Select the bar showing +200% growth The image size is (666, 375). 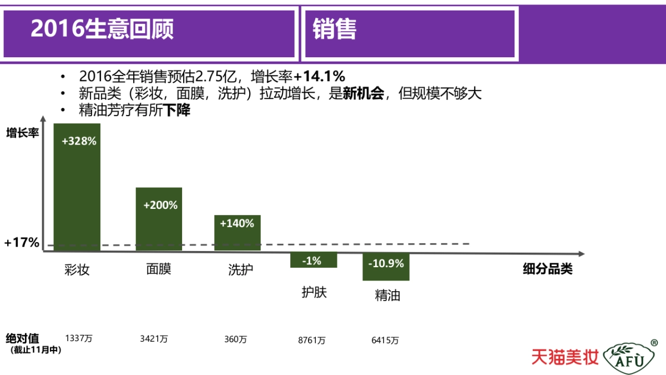pyautogui.click(x=159, y=219)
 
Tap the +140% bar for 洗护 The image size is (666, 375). pyautogui.click(x=237, y=233)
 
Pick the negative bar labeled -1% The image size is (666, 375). pyautogui.click(x=314, y=260)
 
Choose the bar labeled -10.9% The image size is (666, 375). pyautogui.click(x=386, y=267)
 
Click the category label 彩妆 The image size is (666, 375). pyautogui.click(x=77, y=270)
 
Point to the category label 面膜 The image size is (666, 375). pyautogui.click(x=159, y=269)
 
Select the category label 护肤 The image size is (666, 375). pyautogui.click(x=314, y=292)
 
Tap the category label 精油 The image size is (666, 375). pyautogui.click(x=387, y=295)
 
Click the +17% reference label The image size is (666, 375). pyautogui.click(x=22, y=243)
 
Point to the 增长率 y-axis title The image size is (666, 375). pyautogui.click(x=23, y=133)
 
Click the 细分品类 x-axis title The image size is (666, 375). pyautogui.click(x=547, y=270)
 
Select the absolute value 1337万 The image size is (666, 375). pyautogui.click(x=78, y=338)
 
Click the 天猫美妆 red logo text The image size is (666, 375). pyautogui.click(x=565, y=357)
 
